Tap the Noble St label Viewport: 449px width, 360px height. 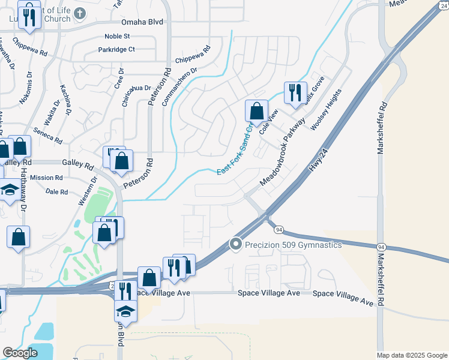coord(117,36)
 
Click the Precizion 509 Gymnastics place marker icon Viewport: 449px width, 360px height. coord(236,244)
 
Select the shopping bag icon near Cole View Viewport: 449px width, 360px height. coord(256,111)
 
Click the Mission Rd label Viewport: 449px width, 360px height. coord(46,178)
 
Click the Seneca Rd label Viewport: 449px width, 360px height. coord(48,136)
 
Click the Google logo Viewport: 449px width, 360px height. coord(20,352)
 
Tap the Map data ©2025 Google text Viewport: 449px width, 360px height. coord(411,355)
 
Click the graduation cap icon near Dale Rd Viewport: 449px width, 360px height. coord(8,191)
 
